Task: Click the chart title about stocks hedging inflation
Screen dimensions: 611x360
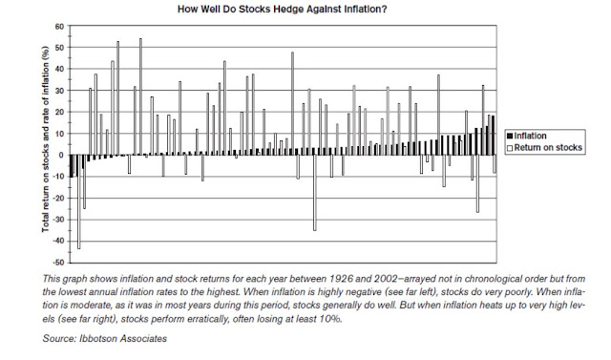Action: pyautogui.click(x=283, y=10)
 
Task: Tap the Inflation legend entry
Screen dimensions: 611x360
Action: pyautogui.click(x=526, y=136)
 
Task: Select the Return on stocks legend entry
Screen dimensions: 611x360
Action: pyautogui.click(x=544, y=148)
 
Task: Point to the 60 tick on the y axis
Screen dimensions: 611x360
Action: pyautogui.click(x=59, y=27)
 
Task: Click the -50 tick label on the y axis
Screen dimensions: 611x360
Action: pyautogui.click(x=58, y=263)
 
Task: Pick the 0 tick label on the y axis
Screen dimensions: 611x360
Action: pyautogui.click(x=61, y=155)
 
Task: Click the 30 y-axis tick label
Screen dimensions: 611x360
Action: pyautogui.click(x=59, y=91)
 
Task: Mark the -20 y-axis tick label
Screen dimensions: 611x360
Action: pyautogui.click(x=58, y=199)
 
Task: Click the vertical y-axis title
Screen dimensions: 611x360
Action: pyautogui.click(x=46, y=139)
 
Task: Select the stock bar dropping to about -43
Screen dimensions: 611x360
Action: pyautogui.click(x=78, y=201)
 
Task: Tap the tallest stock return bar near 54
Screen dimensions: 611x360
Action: pyautogui.click(x=140, y=96)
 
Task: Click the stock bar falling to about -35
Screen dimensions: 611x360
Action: pyautogui.click(x=315, y=193)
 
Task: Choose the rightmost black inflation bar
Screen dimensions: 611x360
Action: pyautogui.click(x=493, y=136)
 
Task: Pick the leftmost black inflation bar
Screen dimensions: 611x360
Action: pyautogui.click(x=72, y=166)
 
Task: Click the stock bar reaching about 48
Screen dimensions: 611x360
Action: pyautogui.click(x=292, y=104)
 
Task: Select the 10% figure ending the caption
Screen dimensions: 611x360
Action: pyautogui.click(x=331, y=319)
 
